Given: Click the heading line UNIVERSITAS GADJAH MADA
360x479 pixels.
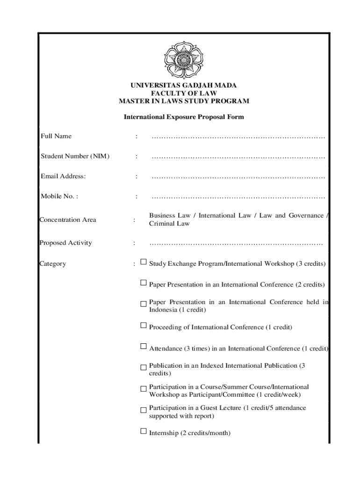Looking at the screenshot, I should coord(184,85).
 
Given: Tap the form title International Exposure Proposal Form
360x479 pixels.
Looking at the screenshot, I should coord(184,117).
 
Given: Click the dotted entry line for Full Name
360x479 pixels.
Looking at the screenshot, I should coord(238,137).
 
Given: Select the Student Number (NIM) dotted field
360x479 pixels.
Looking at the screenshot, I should coord(238,157).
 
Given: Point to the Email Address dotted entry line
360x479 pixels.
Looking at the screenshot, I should coord(238,177).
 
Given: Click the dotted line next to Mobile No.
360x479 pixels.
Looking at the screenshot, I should coord(238,197).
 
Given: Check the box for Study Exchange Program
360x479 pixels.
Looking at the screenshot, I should coord(144,262).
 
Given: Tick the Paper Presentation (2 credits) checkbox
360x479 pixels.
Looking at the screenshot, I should coord(144,283).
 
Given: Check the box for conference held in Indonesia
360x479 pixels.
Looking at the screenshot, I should coord(144,304).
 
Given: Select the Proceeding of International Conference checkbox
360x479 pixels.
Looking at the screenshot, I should coord(144,325).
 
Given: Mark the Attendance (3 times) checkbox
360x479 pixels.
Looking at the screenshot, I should coord(144,346).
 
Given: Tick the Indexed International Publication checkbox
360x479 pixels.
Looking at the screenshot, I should coord(144,368).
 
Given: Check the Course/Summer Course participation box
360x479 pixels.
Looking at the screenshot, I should coord(144,389).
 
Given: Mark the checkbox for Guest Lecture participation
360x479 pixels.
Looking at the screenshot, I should coord(144,410).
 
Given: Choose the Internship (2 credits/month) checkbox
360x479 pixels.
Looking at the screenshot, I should coord(144,431).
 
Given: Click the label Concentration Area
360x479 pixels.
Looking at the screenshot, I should coord(68,220).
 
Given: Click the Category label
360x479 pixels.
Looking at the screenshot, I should coord(53,264).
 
